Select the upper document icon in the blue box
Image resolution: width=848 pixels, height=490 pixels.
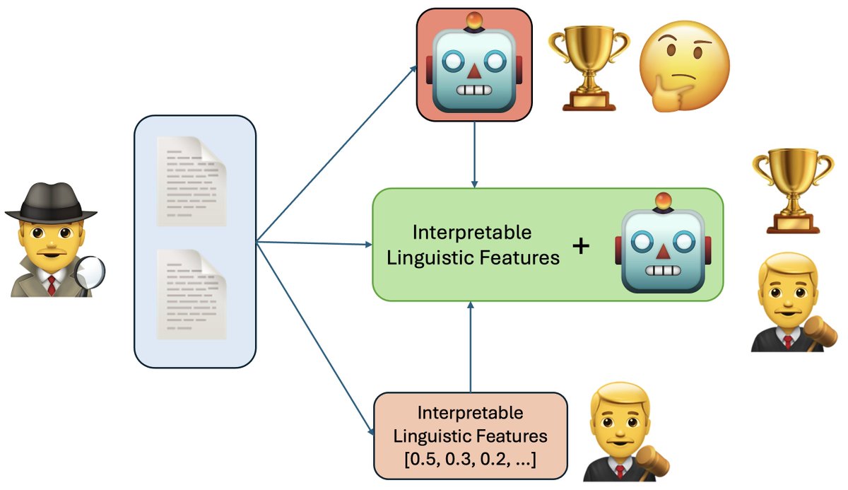tap(192, 181)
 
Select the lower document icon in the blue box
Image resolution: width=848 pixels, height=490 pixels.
tap(192, 293)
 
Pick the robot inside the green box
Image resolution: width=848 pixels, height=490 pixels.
tap(663, 245)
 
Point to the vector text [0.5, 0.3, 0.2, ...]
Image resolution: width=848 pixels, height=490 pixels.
tap(470, 460)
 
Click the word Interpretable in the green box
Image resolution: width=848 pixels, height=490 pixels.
tap(471, 233)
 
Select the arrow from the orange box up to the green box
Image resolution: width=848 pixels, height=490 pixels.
tap(470, 346)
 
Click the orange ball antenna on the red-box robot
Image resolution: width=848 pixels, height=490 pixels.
tap(474, 19)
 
